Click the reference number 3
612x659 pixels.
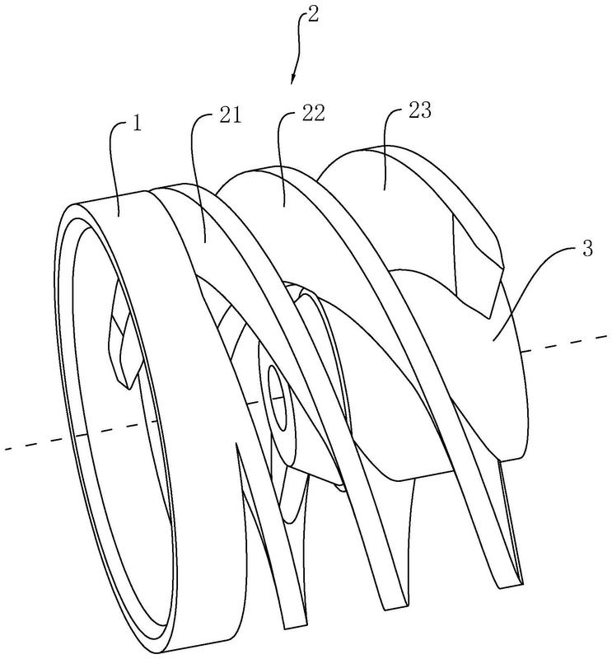pos(586,250)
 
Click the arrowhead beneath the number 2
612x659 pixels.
pos(292,78)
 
